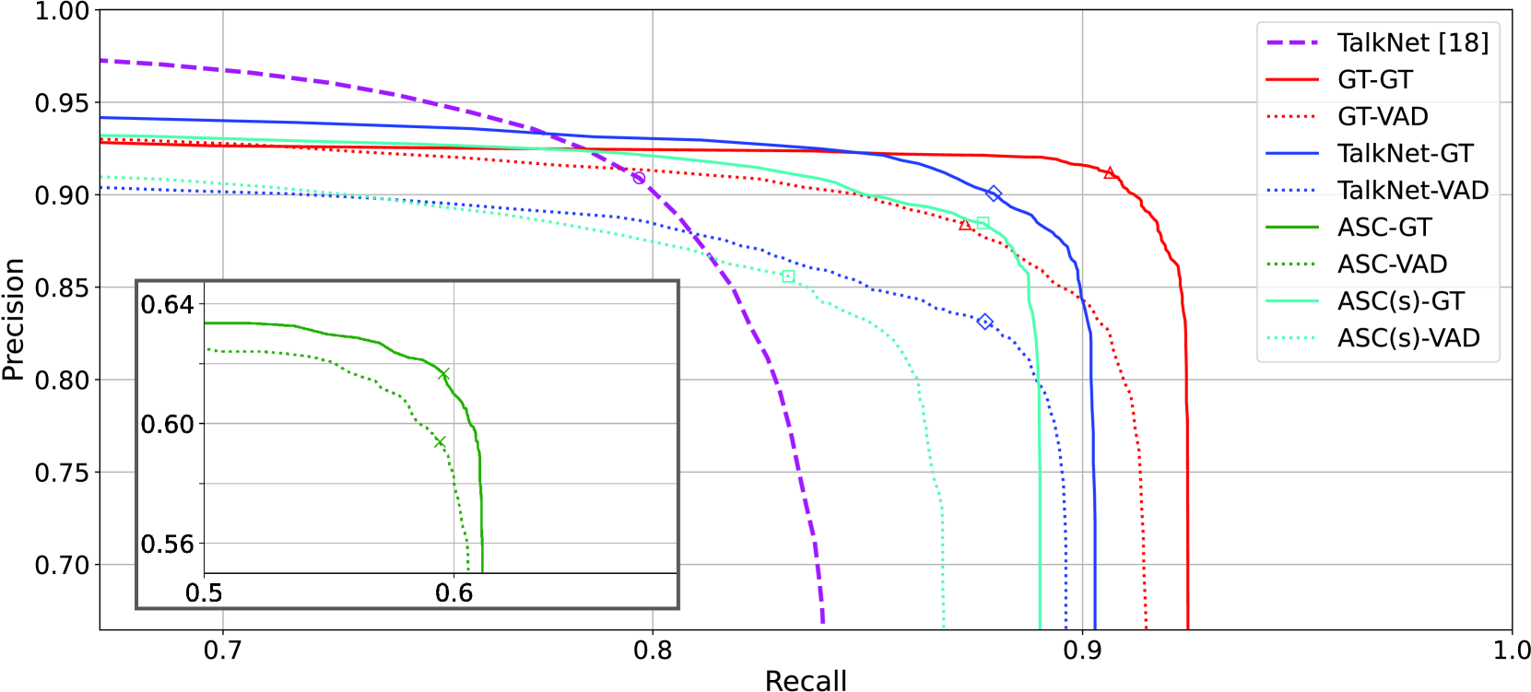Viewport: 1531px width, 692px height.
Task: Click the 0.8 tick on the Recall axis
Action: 653,651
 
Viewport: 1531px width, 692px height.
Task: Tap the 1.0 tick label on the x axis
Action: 1511,651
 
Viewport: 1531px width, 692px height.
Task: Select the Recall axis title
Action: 806,680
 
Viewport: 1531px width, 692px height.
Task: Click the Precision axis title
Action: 13,319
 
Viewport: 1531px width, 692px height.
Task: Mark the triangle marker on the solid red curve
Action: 1110,173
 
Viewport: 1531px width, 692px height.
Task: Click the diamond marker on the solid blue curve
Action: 993,194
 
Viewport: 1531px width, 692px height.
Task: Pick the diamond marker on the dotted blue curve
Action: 984,322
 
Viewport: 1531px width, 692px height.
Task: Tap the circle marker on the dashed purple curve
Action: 638,178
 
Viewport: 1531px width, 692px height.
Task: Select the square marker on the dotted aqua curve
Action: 787,276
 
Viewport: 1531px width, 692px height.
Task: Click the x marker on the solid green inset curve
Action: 443,374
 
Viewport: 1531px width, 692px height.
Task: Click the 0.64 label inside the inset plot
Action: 168,305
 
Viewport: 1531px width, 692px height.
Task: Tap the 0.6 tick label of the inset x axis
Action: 453,592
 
